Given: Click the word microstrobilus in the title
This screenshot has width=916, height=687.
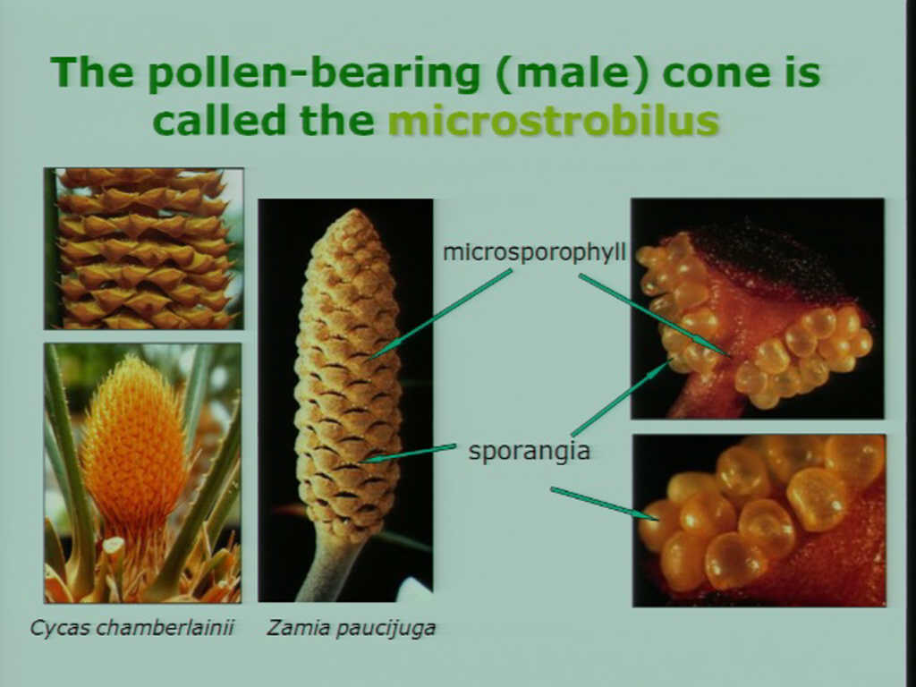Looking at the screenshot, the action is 553,121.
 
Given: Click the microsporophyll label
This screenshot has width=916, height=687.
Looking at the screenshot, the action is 534,252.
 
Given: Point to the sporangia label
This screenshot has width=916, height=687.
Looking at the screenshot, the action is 530,451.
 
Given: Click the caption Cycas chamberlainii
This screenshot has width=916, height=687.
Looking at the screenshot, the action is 132,629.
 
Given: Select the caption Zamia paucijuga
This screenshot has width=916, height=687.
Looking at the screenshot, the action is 352,629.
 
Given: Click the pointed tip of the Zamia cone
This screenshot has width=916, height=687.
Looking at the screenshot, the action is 352,211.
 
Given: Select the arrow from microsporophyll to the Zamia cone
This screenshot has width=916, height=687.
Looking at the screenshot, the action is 440,313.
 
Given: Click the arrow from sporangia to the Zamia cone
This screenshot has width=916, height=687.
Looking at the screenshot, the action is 408,454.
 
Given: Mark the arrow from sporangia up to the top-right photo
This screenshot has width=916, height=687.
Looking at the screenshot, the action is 622,397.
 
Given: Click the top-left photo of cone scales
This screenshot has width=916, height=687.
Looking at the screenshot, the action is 144,249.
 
